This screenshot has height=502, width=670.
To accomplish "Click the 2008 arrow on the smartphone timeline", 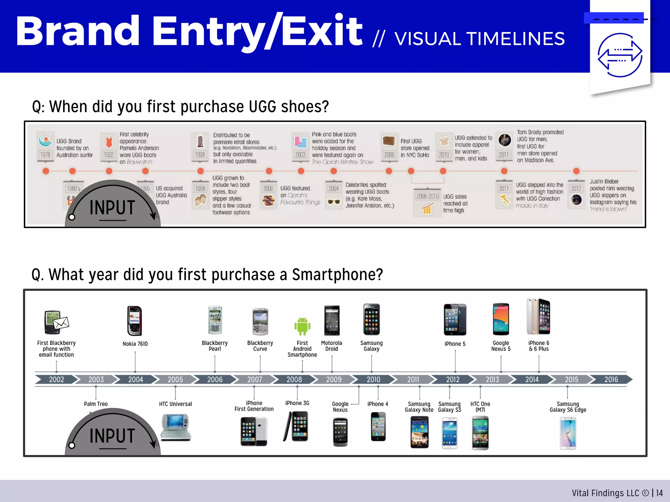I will tap(294, 379).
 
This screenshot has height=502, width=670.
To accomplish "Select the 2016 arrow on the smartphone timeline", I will tap(611, 379).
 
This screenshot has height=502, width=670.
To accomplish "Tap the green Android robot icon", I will tap(302, 326).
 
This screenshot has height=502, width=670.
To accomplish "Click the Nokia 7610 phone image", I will tap(134, 321).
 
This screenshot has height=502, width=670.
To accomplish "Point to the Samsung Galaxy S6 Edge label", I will tap(568, 407).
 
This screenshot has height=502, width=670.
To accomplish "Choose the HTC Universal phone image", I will tap(176, 427).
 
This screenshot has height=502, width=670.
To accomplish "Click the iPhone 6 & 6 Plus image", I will tap(538, 316).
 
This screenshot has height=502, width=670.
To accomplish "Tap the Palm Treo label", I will tap(96, 404).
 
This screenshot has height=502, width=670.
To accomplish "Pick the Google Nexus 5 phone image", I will tap(501, 319).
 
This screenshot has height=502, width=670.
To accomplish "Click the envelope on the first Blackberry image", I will tap(62, 323).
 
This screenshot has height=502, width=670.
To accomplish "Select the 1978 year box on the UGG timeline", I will tap(45, 155).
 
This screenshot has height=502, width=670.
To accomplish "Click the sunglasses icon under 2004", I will tap(334, 202).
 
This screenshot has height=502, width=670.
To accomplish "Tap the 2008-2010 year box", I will tap(427, 196).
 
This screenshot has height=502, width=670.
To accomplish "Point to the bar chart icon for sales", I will tap(427, 209).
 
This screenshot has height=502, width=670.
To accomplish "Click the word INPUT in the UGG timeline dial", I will tap(112, 208).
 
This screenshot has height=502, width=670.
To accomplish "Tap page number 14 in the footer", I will tap(659, 493).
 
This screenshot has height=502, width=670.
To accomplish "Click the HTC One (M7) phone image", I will tap(480, 433).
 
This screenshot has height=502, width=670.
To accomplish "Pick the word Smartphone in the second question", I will tap(337, 275).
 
